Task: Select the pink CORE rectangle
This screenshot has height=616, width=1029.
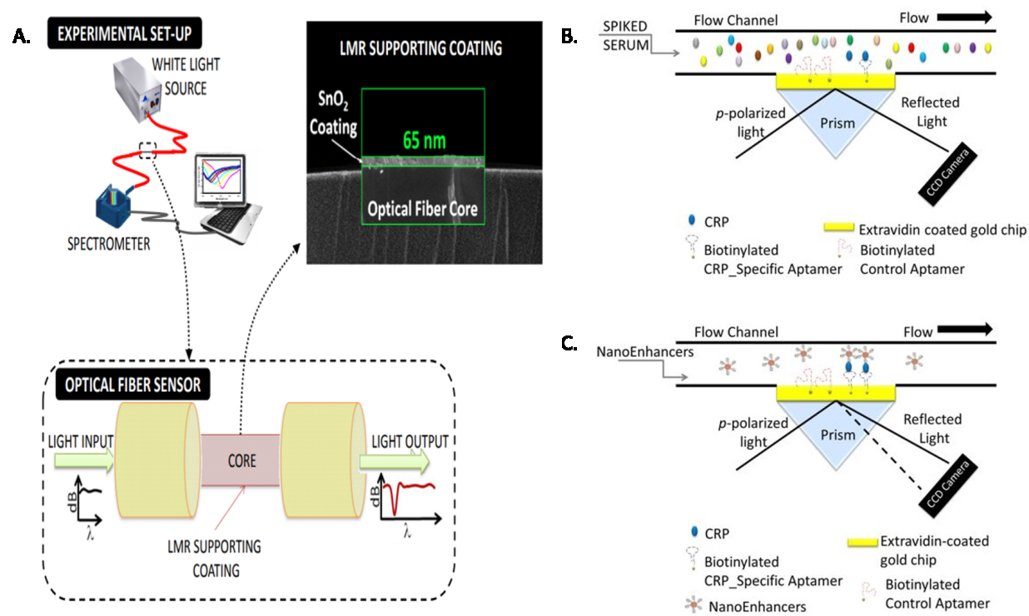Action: tap(242, 460)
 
